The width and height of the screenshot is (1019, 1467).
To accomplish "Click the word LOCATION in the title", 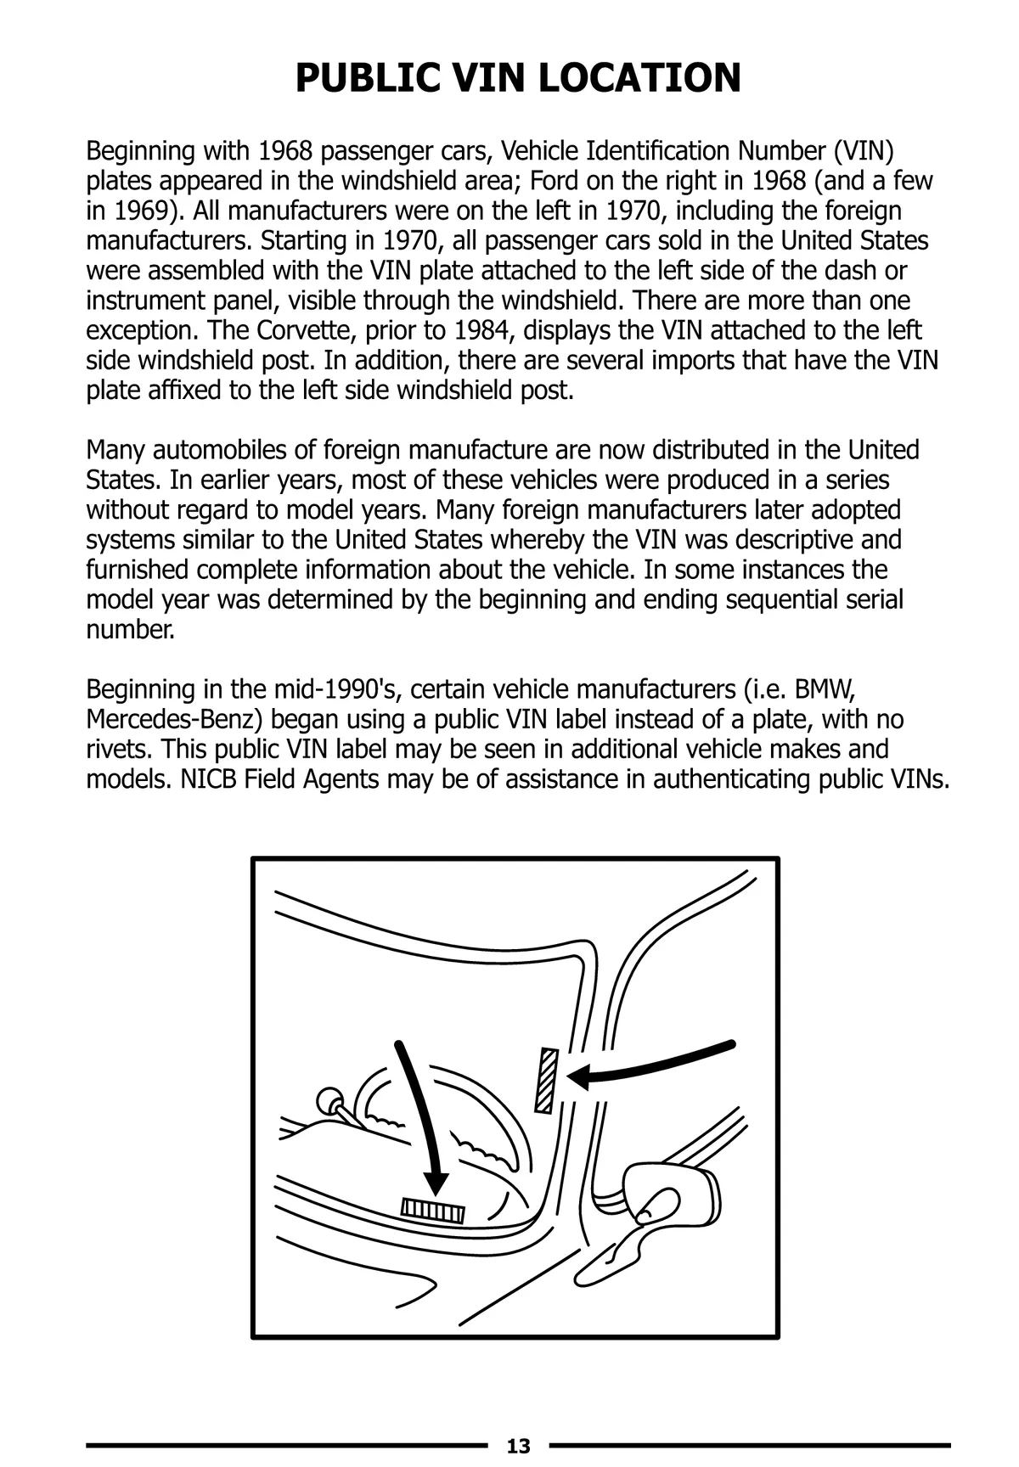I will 639,77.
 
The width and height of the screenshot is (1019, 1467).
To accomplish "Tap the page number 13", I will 518,1446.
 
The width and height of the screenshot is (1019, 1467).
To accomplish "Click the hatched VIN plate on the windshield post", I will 546,1080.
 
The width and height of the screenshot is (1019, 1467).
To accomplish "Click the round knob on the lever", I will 327,1101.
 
